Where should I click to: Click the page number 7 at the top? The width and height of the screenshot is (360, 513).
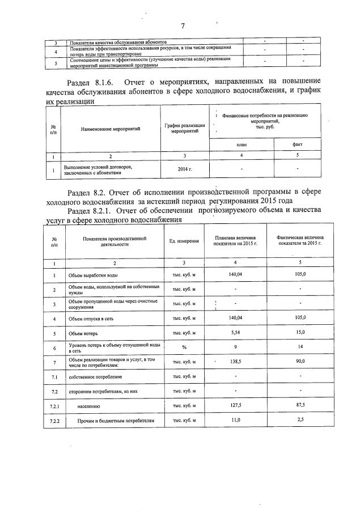tap(183, 26)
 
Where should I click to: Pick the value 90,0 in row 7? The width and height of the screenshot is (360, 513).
tap(300, 361)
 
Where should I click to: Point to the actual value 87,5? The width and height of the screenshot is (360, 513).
tap(300, 406)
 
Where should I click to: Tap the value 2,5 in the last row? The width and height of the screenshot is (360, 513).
tap(300, 420)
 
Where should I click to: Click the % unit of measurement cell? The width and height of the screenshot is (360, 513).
tap(184, 347)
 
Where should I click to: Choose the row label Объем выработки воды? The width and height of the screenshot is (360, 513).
tap(94, 275)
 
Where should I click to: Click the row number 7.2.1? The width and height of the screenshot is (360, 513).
tap(54, 406)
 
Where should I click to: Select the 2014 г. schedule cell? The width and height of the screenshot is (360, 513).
tap(185, 169)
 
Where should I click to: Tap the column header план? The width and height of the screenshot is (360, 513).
tap(242, 145)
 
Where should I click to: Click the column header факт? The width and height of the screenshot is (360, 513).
tap(297, 145)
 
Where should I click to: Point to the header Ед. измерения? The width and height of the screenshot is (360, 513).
tap(184, 241)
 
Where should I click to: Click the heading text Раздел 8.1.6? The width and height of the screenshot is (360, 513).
tap(93, 81)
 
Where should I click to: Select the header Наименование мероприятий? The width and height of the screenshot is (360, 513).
tap(111, 129)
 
